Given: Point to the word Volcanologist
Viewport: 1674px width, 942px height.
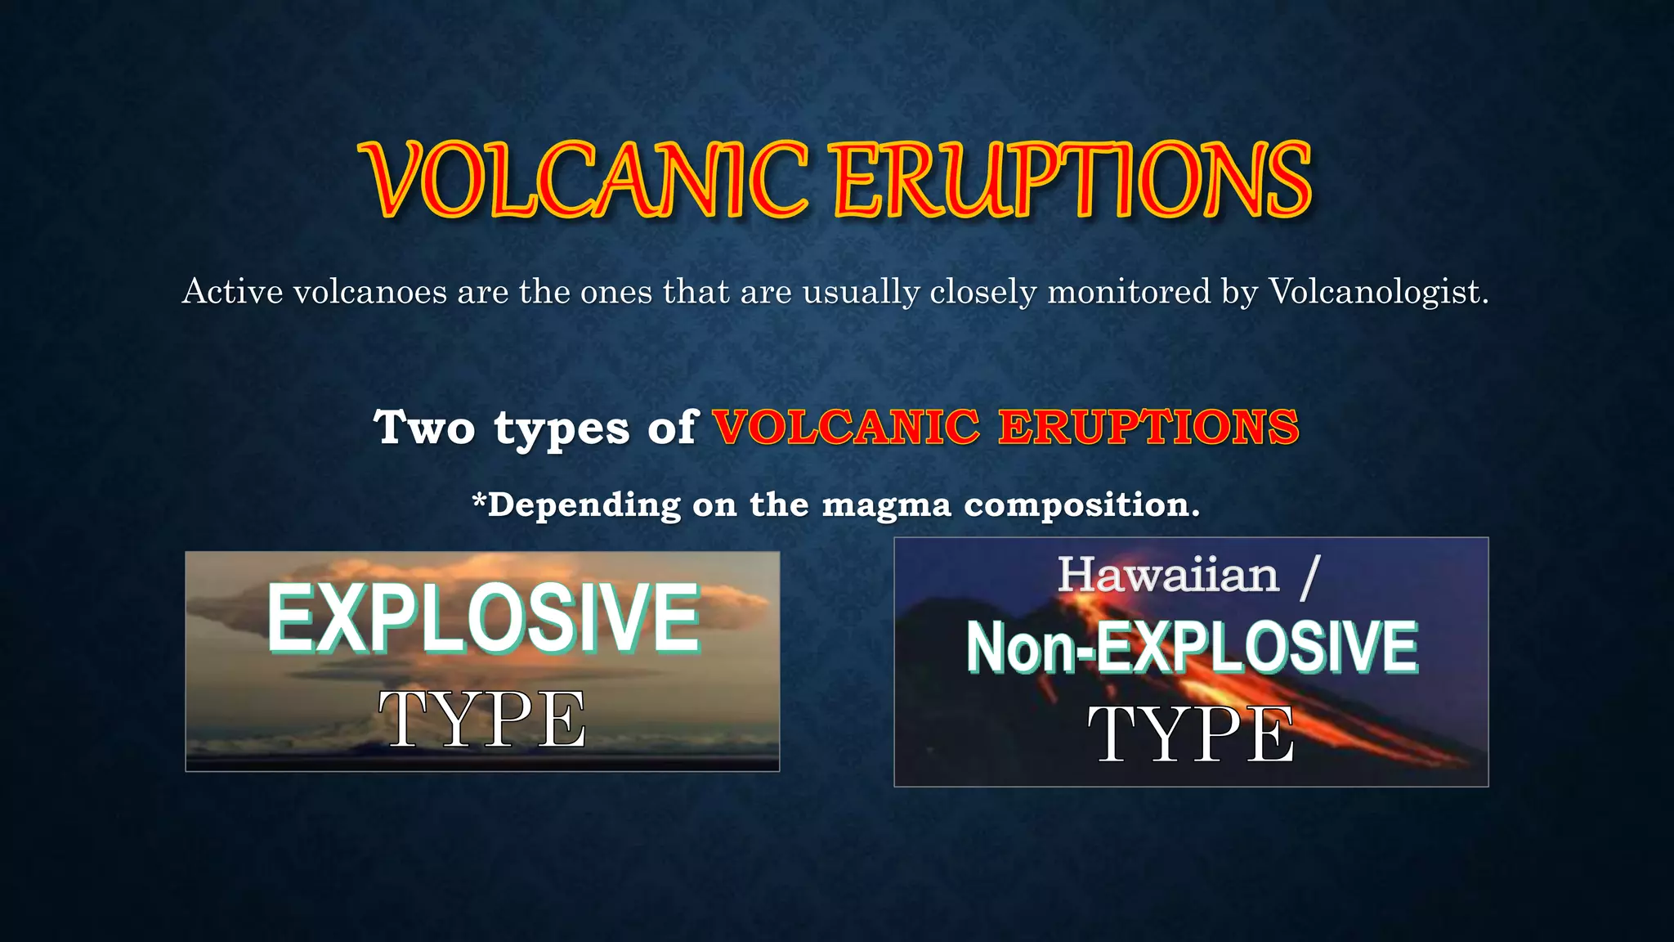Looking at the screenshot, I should (1378, 292).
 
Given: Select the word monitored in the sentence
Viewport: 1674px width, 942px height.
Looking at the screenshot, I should (1129, 292).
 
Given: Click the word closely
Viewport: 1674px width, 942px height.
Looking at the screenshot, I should (983, 292).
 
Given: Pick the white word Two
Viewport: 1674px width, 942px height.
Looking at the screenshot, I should (423, 428).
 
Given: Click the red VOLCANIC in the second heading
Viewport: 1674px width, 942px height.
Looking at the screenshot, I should (846, 428).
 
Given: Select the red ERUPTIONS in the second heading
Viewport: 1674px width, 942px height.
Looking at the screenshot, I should (1148, 428).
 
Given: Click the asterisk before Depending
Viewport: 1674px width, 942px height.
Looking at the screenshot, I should (479, 498).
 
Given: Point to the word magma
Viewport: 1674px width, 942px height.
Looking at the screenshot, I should (887, 505).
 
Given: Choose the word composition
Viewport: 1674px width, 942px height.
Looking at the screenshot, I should (1081, 505).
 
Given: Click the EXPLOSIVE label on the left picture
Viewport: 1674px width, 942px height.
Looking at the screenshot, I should (483, 618).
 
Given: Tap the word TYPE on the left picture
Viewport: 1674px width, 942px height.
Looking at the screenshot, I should (482, 720).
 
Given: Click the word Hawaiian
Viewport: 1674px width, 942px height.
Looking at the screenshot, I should (1168, 575).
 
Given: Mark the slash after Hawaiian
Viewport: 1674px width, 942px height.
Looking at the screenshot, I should (1309, 576).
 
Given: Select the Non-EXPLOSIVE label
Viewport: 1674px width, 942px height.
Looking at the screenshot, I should (1192, 647).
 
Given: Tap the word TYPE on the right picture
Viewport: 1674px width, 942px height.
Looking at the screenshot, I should (1191, 734).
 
